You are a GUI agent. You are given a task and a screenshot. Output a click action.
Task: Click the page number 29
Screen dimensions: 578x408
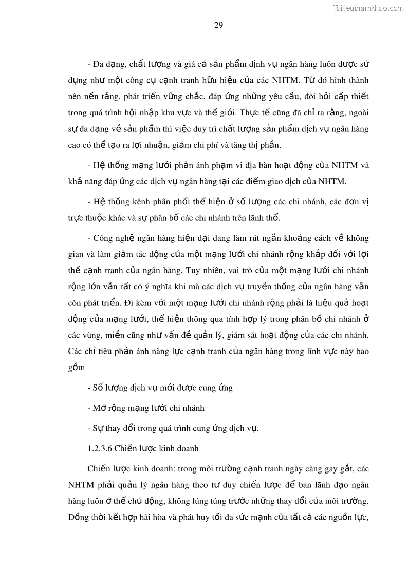[218, 26]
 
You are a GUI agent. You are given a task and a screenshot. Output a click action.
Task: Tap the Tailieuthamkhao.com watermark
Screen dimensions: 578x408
[368, 8]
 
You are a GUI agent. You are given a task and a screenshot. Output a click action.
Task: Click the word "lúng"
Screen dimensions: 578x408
[199, 501]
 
